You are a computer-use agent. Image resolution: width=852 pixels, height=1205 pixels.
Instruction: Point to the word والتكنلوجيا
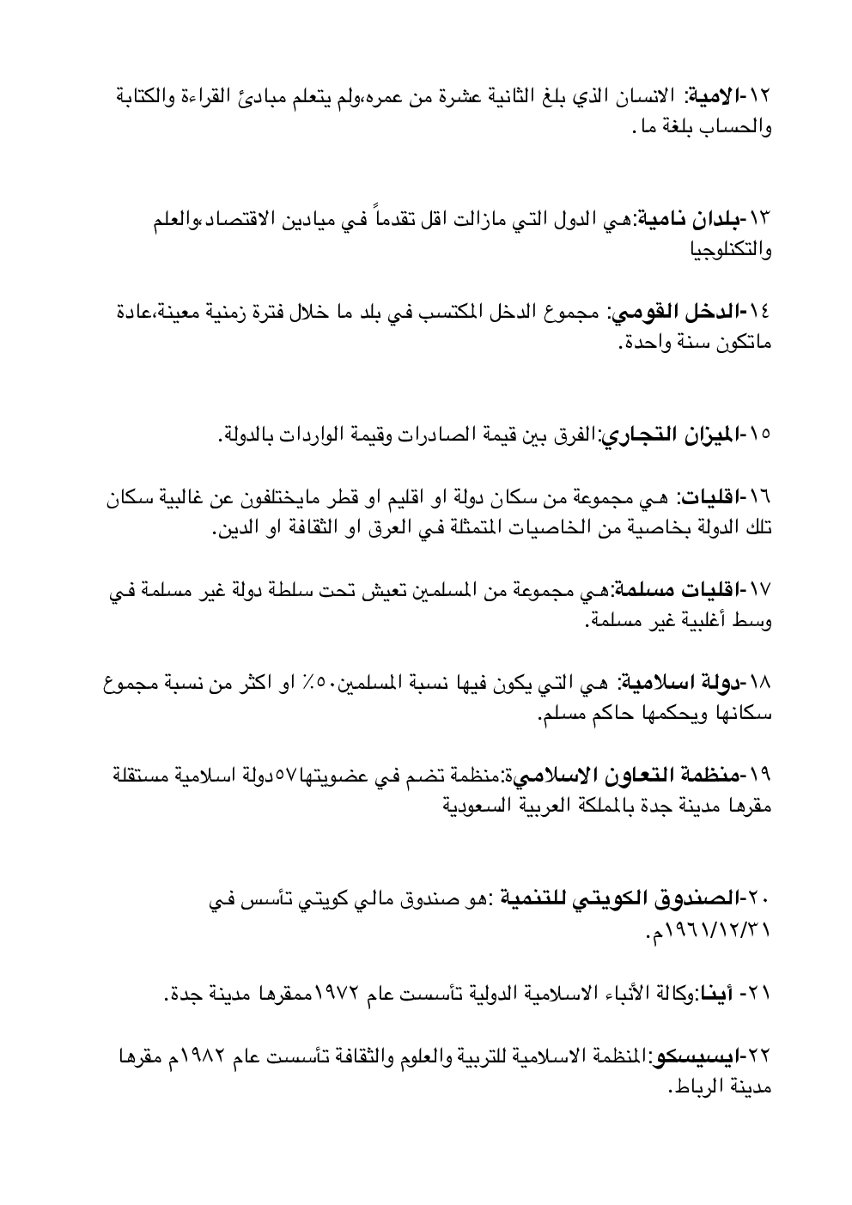pos(731,251)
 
